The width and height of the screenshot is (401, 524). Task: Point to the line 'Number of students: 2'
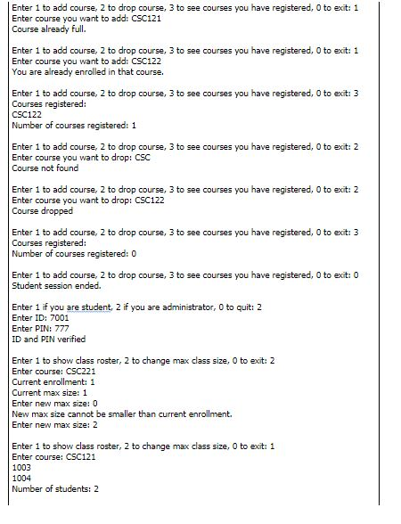[x=55, y=488]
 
